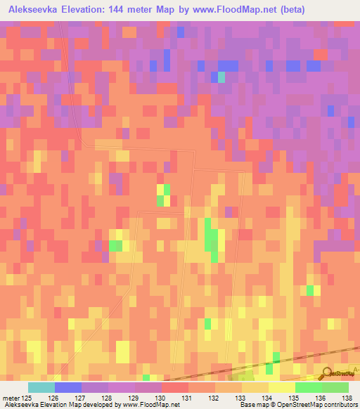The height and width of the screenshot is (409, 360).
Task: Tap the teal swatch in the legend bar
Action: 41,387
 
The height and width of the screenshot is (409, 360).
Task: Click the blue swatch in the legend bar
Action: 67,387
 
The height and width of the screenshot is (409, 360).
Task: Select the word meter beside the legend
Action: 11,398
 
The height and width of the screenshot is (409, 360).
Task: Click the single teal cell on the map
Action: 221,77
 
